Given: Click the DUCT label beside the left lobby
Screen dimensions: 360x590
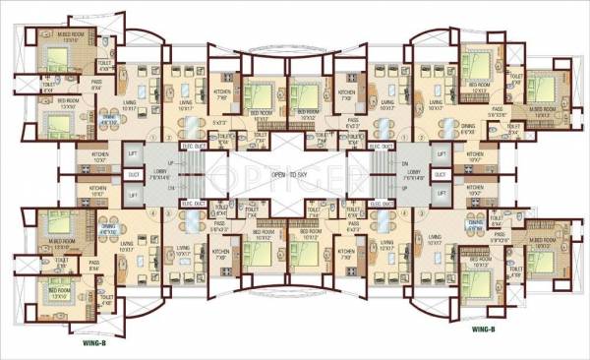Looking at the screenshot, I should coord(133,173).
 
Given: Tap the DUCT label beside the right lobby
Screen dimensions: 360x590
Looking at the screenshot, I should coord(441,173).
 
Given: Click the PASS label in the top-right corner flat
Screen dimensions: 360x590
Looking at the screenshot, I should coord(498,109).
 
